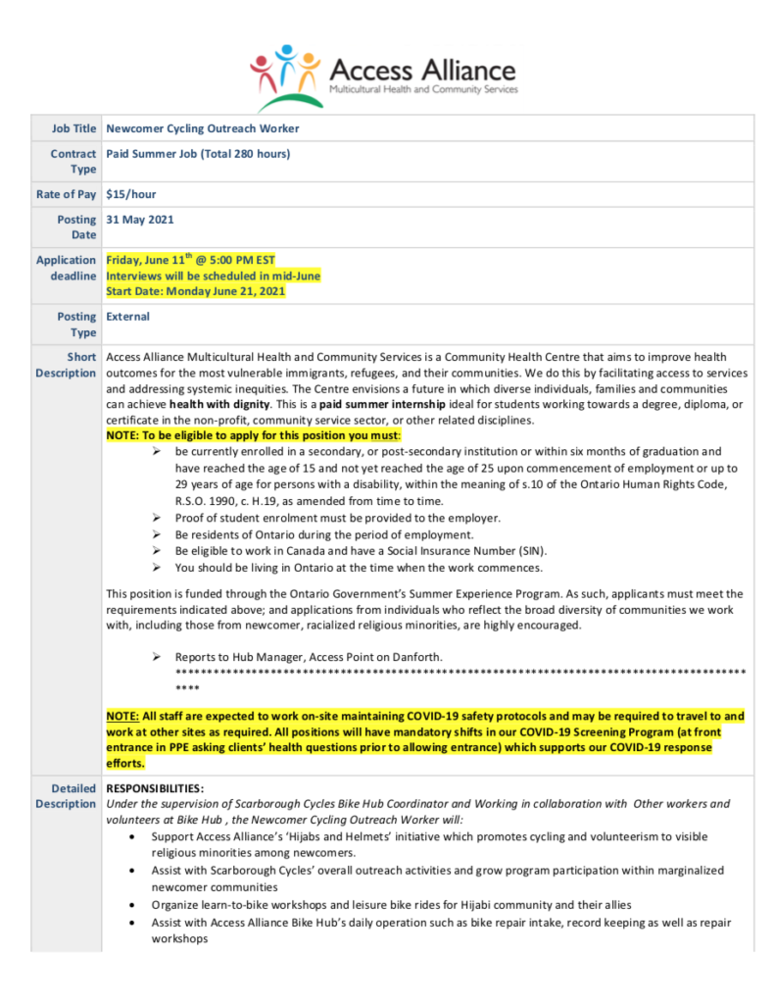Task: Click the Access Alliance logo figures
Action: pos(284,74)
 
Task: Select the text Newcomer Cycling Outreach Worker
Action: pos(203,128)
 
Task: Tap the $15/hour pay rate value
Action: pos(131,194)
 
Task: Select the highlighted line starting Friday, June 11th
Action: pos(191,261)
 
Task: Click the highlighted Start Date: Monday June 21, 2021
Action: pos(196,291)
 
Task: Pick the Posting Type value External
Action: pos(128,317)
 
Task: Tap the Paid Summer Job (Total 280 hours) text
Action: pos(198,154)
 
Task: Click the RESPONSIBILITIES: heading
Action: pos(155,788)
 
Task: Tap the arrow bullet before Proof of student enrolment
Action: pos(158,518)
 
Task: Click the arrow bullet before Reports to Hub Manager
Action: pos(158,656)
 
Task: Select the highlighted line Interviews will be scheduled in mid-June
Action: pos(213,276)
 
